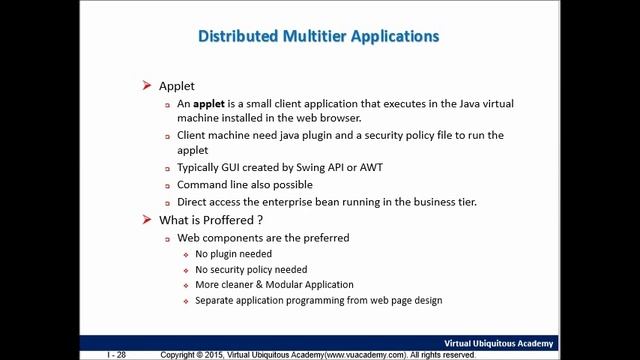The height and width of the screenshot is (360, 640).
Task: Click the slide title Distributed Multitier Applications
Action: [318, 37]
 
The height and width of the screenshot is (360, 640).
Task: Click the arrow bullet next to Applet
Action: [147, 86]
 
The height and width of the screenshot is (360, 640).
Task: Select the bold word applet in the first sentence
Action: [209, 104]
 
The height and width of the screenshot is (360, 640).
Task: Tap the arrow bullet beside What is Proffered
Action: [147, 220]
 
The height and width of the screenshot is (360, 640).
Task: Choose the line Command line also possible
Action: [244, 184]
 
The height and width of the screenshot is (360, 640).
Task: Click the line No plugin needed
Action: [233, 254]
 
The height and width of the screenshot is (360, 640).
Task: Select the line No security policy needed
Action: [251, 269]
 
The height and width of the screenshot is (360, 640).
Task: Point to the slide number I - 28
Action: [116, 355]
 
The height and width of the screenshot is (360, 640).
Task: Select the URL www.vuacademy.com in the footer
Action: [364, 355]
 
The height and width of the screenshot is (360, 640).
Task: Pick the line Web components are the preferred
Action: [263, 238]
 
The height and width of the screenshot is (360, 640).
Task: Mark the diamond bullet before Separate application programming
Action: [186, 301]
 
